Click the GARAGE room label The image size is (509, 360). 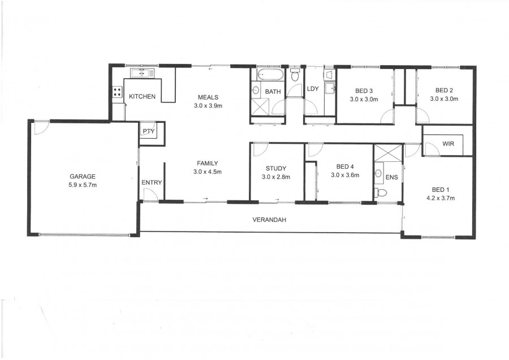[83, 177]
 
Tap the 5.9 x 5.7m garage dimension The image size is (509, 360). [83, 185]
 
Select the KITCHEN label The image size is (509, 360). [142, 96]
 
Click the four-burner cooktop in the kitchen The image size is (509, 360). [117, 92]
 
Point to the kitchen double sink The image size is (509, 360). [143, 73]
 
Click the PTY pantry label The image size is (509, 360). [149, 131]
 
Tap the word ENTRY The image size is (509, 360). [152, 183]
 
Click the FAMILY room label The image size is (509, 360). [208, 164]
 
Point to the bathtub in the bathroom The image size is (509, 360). [270, 75]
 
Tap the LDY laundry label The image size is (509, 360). [313, 89]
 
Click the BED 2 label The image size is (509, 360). [444, 91]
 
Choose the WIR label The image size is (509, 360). [448, 144]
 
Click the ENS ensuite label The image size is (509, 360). [391, 177]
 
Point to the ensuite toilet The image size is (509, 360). [381, 193]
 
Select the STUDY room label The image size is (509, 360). [276, 168]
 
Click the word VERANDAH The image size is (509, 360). [269, 220]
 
